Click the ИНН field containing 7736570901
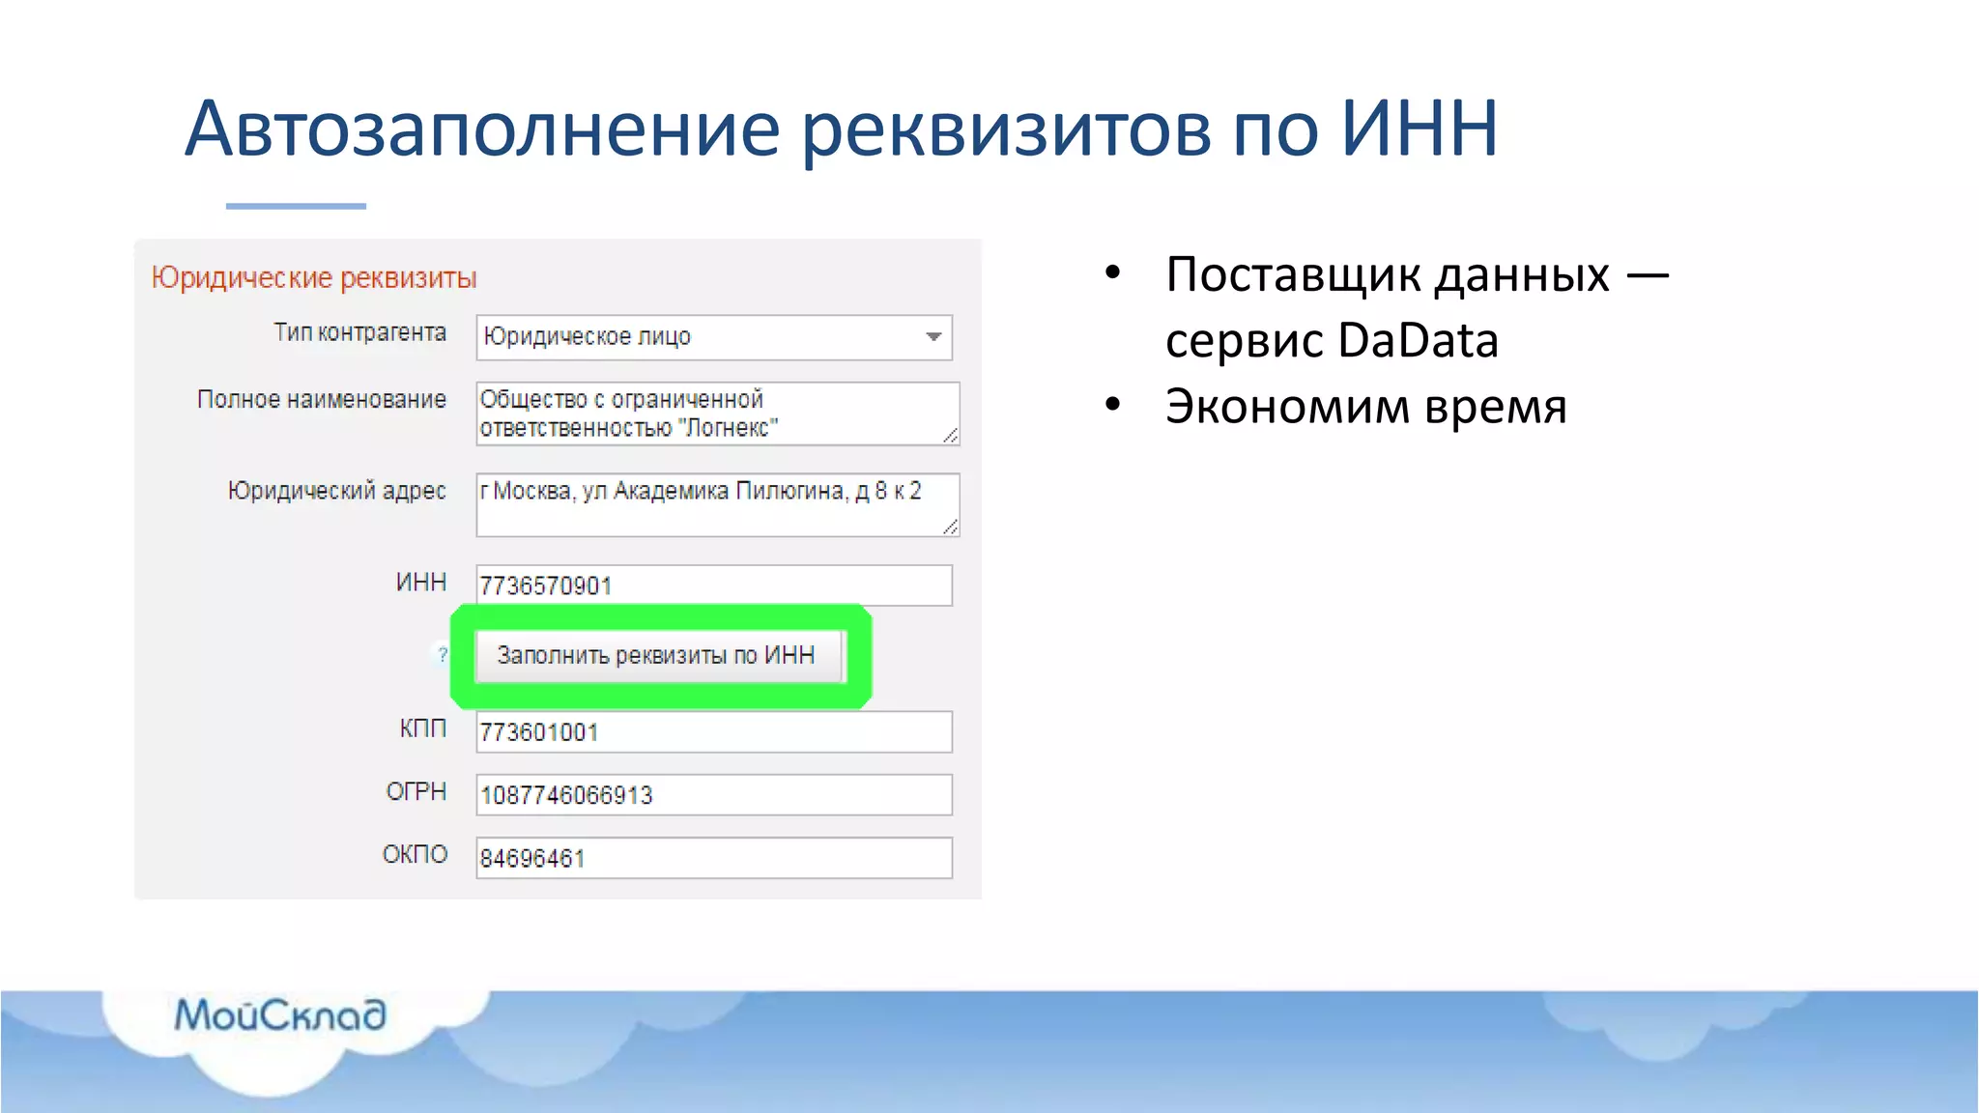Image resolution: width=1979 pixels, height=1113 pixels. (713, 585)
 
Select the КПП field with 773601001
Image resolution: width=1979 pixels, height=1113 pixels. (713, 732)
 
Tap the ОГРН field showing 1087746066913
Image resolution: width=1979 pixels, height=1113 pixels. (713, 795)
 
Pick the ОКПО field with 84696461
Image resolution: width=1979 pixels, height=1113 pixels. (713, 858)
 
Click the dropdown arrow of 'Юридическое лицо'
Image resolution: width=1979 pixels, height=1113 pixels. (933, 337)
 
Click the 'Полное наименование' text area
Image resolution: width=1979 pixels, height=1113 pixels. (716, 414)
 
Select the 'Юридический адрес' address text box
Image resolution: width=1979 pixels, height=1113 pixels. (716, 504)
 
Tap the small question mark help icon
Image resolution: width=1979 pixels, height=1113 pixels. (443, 655)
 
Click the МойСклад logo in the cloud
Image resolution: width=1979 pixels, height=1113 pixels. (280, 1014)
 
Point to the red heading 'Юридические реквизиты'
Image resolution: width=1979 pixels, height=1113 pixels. (314, 278)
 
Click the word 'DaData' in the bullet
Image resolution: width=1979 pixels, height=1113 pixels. (1418, 341)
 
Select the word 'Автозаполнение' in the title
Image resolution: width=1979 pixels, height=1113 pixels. (481, 128)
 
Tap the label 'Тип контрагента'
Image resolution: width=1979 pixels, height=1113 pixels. (359, 333)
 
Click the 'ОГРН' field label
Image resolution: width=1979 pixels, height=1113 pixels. (416, 792)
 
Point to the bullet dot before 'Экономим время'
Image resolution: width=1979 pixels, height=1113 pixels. (1113, 404)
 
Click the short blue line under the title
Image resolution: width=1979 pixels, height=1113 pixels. (296, 206)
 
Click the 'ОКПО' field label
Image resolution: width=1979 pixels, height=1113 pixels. (415, 855)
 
